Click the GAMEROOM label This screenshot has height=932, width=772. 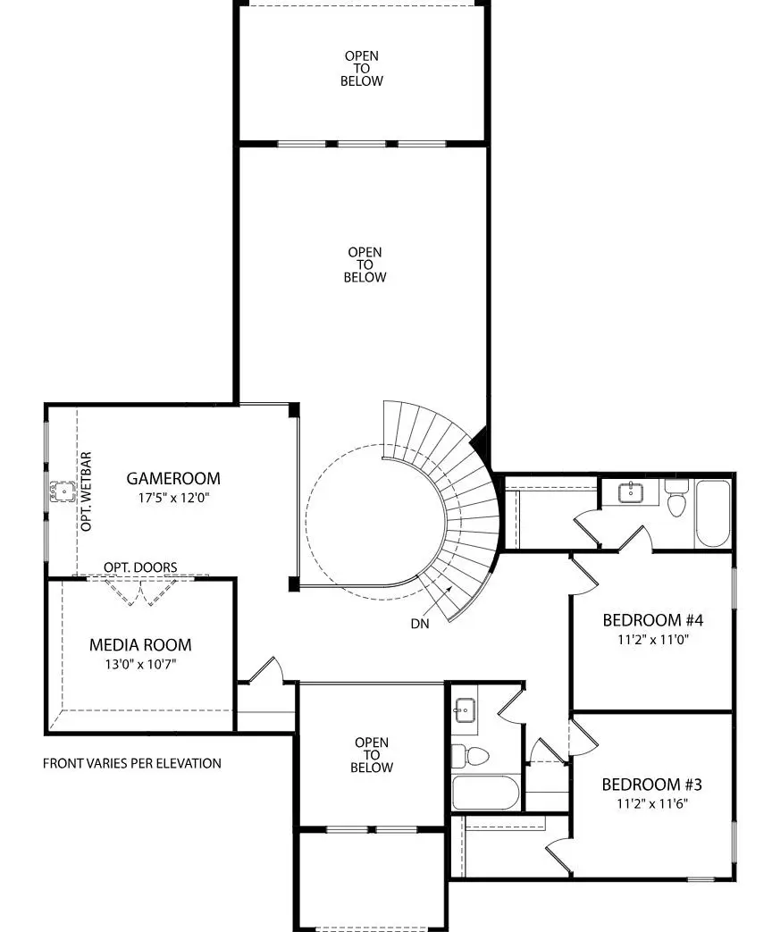point(172,479)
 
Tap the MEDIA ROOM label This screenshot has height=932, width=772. point(140,644)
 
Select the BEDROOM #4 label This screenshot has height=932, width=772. point(653,620)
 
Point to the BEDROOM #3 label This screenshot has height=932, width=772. point(651,785)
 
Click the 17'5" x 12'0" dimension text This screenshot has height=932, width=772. point(172,499)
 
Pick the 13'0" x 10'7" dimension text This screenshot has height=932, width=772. point(140,664)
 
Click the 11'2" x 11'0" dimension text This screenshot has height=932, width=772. point(653,640)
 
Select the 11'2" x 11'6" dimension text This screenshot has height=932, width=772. point(651,803)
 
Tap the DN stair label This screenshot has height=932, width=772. point(420,624)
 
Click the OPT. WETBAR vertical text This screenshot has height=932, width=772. point(87,491)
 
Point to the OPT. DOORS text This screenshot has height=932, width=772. point(140,567)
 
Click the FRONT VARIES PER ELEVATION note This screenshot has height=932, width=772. point(132,763)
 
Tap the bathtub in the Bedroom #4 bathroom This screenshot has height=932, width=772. point(714,514)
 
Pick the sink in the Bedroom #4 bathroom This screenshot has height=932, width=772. point(632,490)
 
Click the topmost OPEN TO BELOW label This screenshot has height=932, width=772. point(362,68)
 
